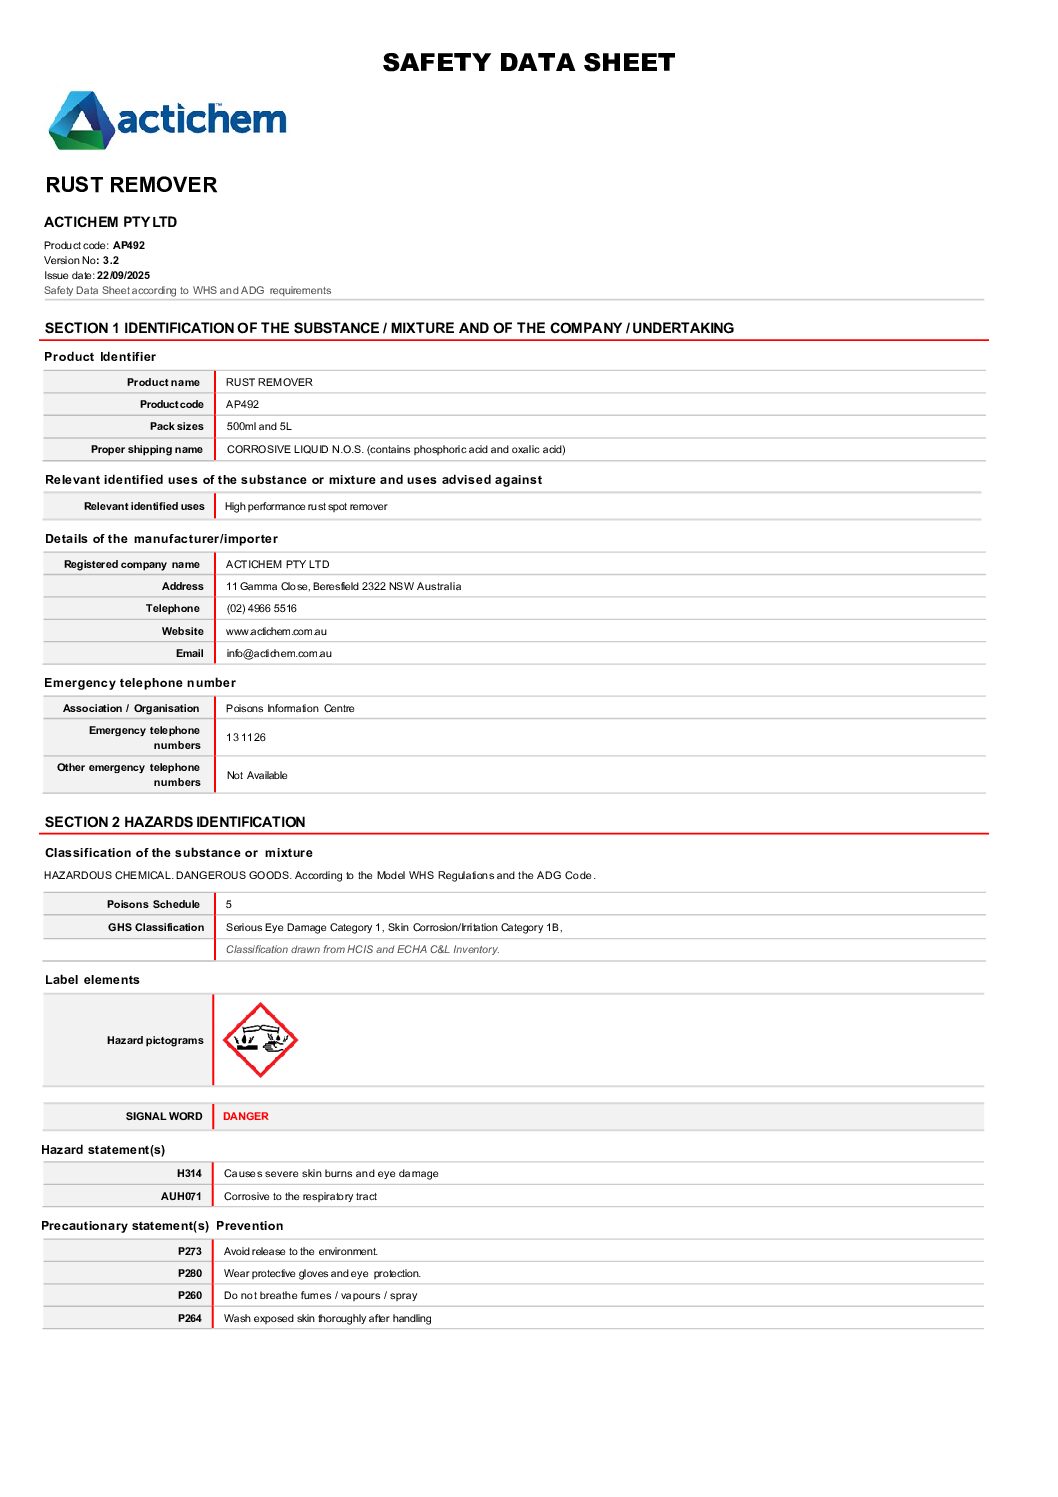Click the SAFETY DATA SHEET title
(528, 63)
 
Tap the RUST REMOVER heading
(131, 185)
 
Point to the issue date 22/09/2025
(123, 275)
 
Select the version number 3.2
(110, 260)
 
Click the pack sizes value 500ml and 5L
(259, 426)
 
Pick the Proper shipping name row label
(146, 449)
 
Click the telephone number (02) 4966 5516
(261, 608)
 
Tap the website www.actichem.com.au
(276, 631)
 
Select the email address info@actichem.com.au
(278, 653)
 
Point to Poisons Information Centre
(290, 708)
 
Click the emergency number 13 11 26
(246, 737)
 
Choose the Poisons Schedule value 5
(229, 904)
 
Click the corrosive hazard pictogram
(260, 1040)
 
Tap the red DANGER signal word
(245, 1116)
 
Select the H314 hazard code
(189, 1173)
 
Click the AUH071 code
(181, 1196)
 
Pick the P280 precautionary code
(190, 1273)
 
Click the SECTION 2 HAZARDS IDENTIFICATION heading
(175, 822)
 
